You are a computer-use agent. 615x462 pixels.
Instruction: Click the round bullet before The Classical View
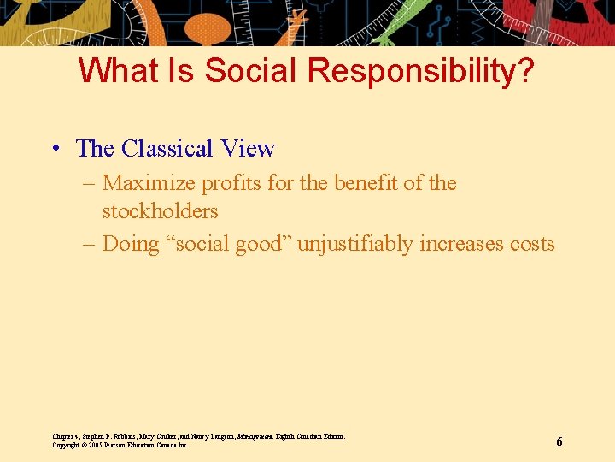tap(54, 149)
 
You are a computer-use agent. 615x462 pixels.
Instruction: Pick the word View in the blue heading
tap(248, 149)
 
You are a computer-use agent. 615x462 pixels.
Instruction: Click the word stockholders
tap(160, 210)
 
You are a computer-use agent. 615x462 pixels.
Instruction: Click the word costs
tap(533, 244)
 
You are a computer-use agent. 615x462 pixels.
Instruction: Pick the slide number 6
tap(559, 441)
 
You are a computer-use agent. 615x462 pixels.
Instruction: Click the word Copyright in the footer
tap(67, 445)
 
